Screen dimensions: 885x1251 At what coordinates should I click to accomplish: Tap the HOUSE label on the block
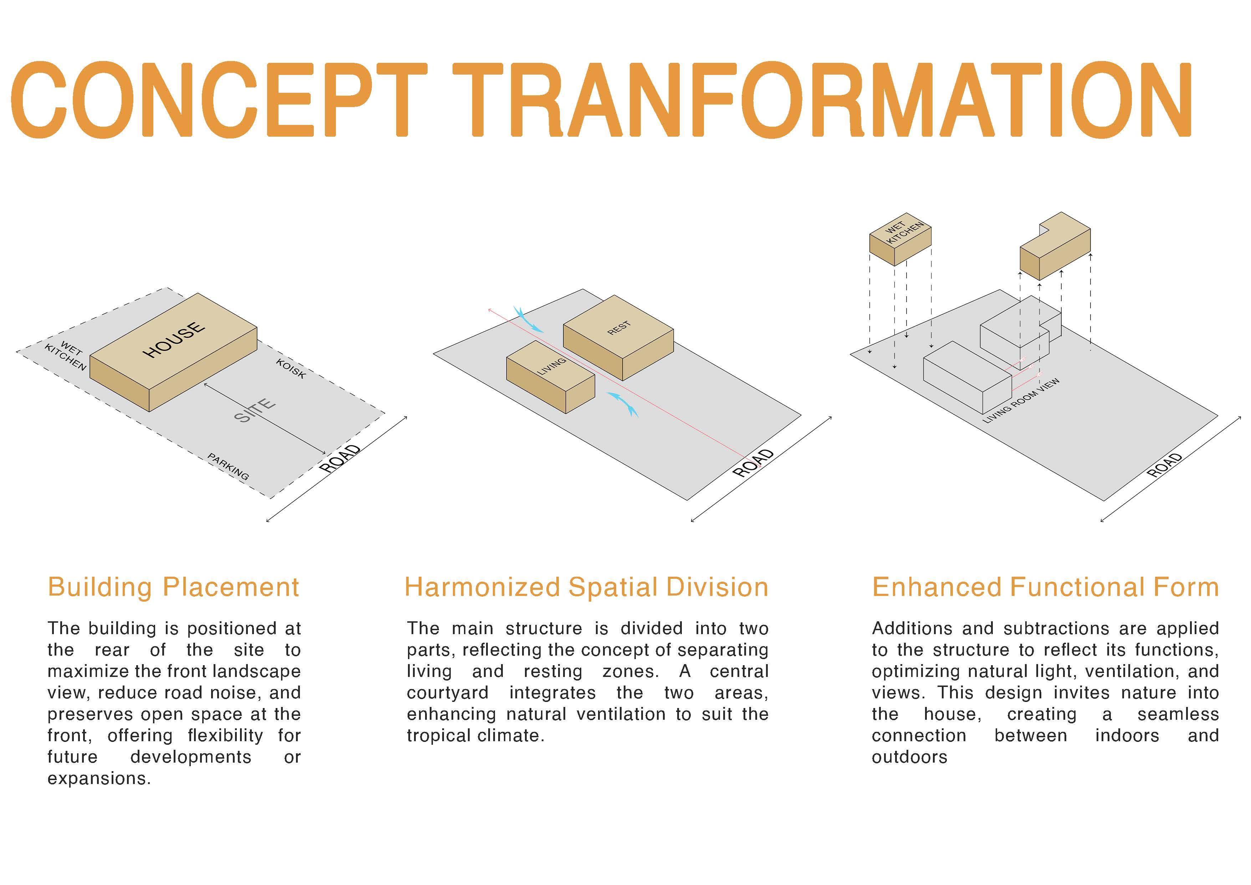click(174, 340)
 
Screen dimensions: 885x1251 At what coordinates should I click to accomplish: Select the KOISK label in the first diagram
click(290, 369)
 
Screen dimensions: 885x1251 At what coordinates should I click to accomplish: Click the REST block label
click(619, 328)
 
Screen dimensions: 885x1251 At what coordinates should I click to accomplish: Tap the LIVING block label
click(552, 366)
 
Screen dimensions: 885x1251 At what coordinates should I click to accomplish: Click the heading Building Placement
click(173, 587)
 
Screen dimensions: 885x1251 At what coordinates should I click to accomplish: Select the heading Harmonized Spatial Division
click(586, 587)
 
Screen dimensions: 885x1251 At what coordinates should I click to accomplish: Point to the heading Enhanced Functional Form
click(1045, 587)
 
